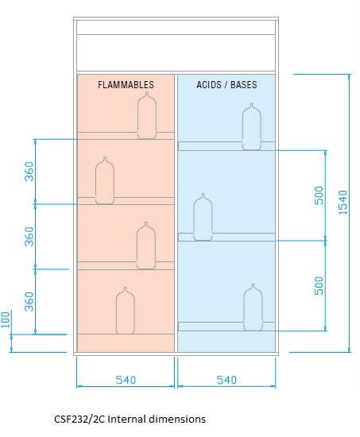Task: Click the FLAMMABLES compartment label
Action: click(126, 85)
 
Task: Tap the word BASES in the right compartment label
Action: click(244, 85)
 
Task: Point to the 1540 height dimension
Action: click(343, 203)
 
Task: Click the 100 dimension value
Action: click(6, 319)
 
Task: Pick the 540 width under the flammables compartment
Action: click(126, 380)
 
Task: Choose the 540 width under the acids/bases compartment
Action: click(226, 380)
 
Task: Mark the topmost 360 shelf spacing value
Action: click(29, 172)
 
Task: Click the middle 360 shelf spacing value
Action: click(29, 237)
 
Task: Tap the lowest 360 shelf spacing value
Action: click(29, 302)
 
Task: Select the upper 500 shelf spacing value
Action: click(319, 195)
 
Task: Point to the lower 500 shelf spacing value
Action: click(319, 286)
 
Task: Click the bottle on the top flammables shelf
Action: click(147, 115)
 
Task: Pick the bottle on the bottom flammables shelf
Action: click(126, 311)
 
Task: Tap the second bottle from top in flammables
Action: click(105, 180)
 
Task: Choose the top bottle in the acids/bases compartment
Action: click(252, 126)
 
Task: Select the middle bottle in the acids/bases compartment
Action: click(203, 217)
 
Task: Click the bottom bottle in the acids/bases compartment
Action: click(253, 307)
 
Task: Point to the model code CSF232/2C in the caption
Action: click(79, 420)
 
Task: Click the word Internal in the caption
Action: click(126, 420)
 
